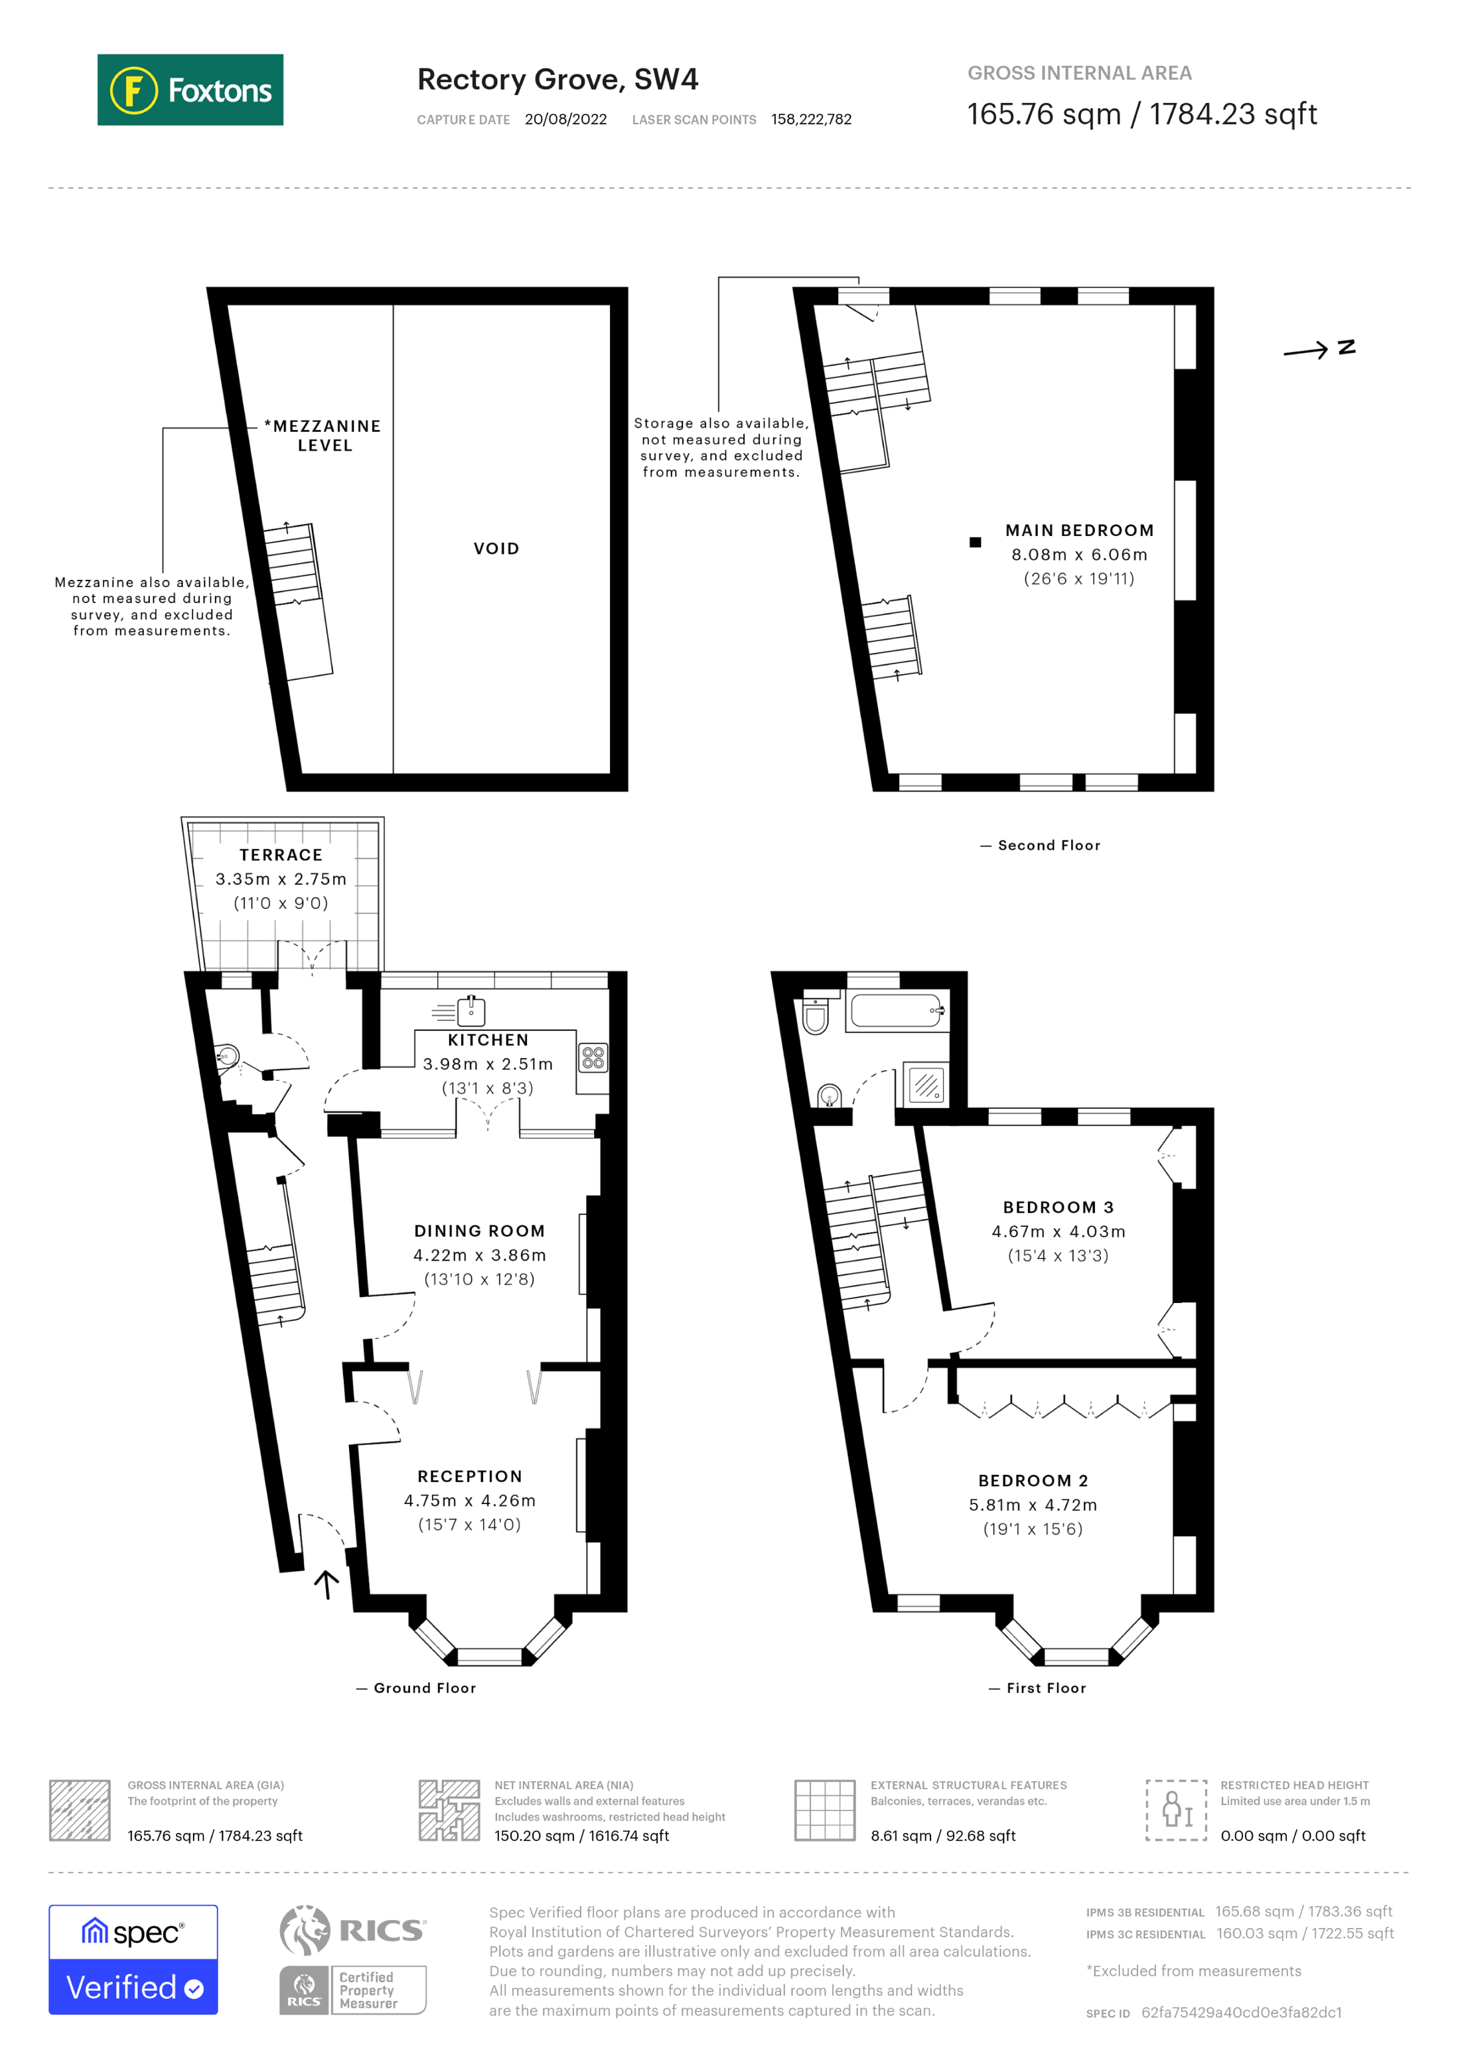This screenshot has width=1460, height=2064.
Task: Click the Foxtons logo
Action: [190, 90]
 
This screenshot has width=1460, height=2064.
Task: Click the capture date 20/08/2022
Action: [565, 119]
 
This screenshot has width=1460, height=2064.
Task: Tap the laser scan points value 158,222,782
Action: [811, 119]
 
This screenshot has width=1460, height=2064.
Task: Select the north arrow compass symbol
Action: [1318, 350]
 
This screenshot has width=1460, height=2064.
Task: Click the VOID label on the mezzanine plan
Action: [496, 549]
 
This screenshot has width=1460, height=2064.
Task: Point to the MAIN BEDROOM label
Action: [1079, 530]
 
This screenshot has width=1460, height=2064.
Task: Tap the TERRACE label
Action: [281, 855]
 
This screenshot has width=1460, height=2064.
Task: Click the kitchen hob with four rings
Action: [593, 1057]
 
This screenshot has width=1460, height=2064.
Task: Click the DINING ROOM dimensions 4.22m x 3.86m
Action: [479, 1255]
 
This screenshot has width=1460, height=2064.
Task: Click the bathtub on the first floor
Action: [897, 1010]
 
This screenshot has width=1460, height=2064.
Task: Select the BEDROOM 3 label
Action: [1058, 1207]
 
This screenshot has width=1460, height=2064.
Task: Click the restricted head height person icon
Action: [1176, 1810]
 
